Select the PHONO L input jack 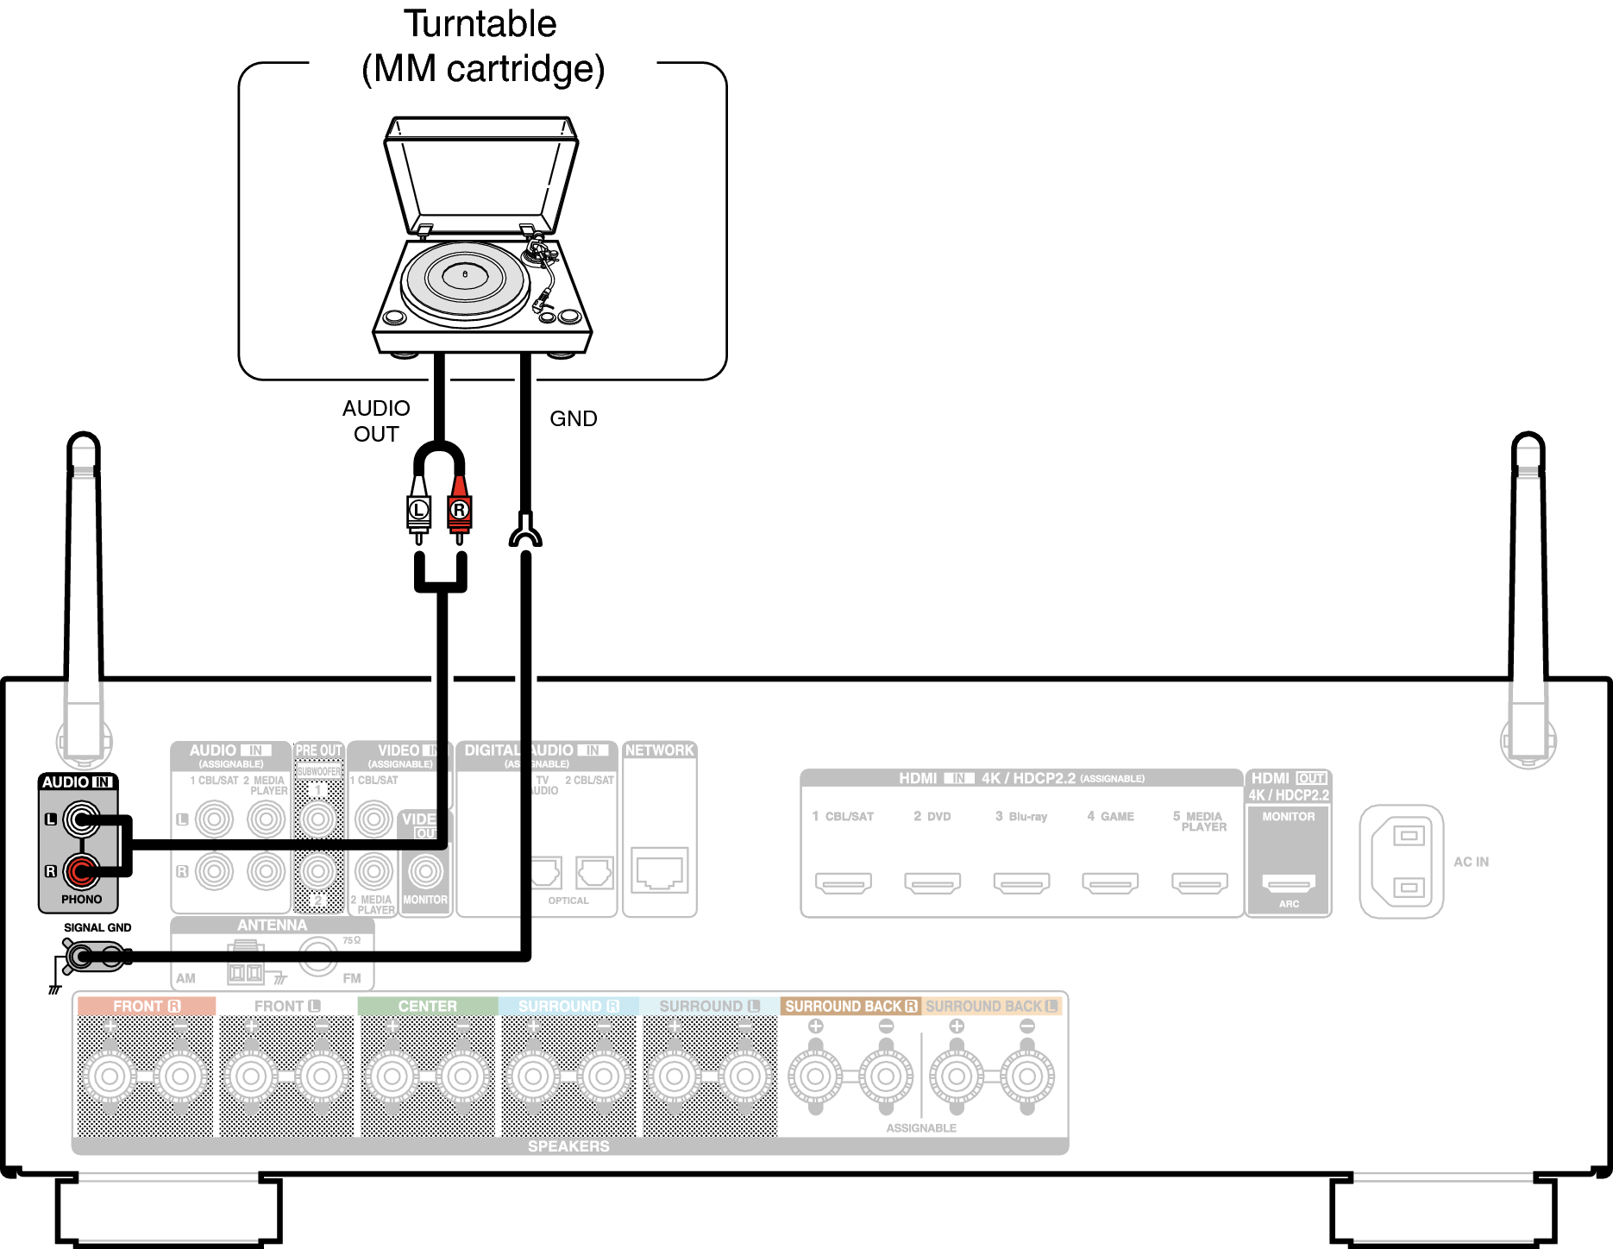[x=81, y=819]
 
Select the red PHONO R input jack [x=81, y=871]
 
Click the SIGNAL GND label [x=97, y=927]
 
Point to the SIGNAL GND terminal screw [x=81, y=956]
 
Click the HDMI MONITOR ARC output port [x=1289, y=882]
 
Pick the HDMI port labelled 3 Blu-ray [x=1021, y=882]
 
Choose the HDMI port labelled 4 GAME [x=1110, y=882]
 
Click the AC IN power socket [x=1402, y=862]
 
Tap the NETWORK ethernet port [x=660, y=870]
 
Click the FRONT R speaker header [x=146, y=1006]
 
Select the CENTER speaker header [x=427, y=1006]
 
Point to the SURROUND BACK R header [x=850, y=1006]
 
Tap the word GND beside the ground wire [x=574, y=418]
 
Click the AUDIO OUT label [x=376, y=421]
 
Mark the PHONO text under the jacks [x=81, y=899]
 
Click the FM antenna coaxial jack [x=317, y=956]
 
